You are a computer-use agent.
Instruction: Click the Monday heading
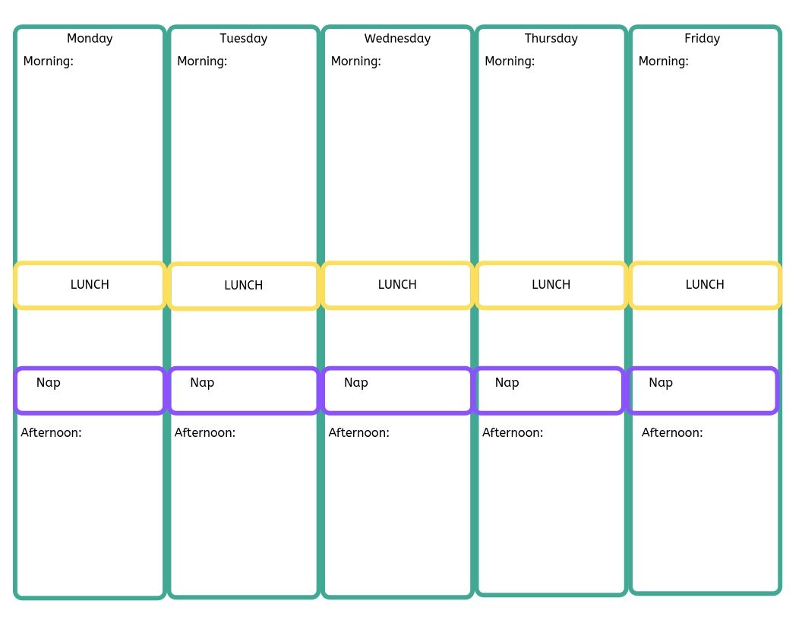[90, 39]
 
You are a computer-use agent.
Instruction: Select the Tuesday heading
[244, 39]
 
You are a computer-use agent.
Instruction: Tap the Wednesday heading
[397, 39]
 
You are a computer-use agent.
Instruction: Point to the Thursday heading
[551, 39]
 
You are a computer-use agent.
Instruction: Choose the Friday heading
[702, 39]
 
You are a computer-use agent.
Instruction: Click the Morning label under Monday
[49, 62]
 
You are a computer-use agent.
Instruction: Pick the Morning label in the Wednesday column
[355, 62]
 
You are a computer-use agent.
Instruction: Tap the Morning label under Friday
[663, 62]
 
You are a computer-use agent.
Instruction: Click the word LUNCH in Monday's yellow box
[90, 285]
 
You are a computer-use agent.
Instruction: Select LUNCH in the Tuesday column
[244, 286]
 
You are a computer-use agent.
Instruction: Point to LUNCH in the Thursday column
[551, 285]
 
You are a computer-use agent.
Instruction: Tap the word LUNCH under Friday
[705, 285]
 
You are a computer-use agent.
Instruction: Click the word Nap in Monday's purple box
[49, 382]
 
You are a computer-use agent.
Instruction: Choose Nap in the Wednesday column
[356, 382]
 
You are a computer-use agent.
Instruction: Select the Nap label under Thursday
[507, 382]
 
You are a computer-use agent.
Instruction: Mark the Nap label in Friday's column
[661, 382]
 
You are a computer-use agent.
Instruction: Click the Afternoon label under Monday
[51, 433]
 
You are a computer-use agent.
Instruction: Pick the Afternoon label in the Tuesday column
[205, 433]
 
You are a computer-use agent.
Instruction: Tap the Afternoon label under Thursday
[513, 433]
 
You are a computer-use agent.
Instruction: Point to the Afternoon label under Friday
[672, 433]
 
